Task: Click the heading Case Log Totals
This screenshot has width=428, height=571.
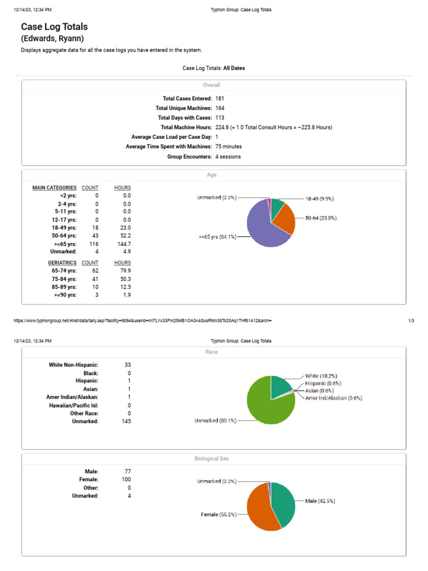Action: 54,27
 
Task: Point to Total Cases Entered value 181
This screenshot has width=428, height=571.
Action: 220,98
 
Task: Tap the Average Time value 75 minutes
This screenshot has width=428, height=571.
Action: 228,147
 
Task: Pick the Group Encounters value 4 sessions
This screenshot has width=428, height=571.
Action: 228,157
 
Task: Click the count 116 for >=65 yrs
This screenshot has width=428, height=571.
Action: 94,244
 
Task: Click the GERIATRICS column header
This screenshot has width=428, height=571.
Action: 62,262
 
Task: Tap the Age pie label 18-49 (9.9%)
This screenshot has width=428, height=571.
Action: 319,199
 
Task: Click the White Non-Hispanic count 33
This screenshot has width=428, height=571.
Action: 128,365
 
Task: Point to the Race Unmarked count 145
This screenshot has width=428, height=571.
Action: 126,422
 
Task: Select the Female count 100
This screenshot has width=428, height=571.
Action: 126,480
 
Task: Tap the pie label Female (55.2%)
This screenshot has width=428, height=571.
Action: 218,515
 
